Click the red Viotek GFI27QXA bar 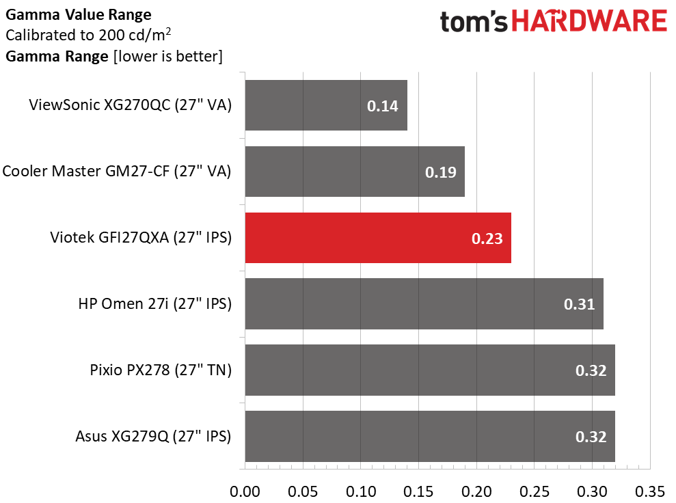pyautogui.click(x=377, y=238)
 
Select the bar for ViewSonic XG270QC pyautogui.click(x=325, y=105)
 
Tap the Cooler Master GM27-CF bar pyautogui.click(x=354, y=172)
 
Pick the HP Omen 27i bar pyautogui.click(x=424, y=303)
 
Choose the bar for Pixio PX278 pyautogui.click(x=429, y=370)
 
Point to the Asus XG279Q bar pyautogui.click(x=429, y=436)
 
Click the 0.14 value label pyautogui.click(x=382, y=106)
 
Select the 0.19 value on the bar pyautogui.click(x=440, y=172)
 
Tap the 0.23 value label pyautogui.click(x=487, y=239)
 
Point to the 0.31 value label pyautogui.click(x=579, y=304)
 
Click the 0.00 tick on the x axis pyautogui.click(x=245, y=491)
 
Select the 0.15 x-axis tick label pyautogui.click(x=418, y=491)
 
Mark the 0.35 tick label pyautogui.click(x=650, y=491)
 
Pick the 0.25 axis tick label pyautogui.click(x=535, y=491)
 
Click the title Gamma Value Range pyautogui.click(x=79, y=14)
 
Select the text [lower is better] pyautogui.click(x=167, y=57)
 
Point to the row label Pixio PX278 pyautogui.click(x=161, y=370)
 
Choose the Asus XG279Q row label pyautogui.click(x=153, y=437)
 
